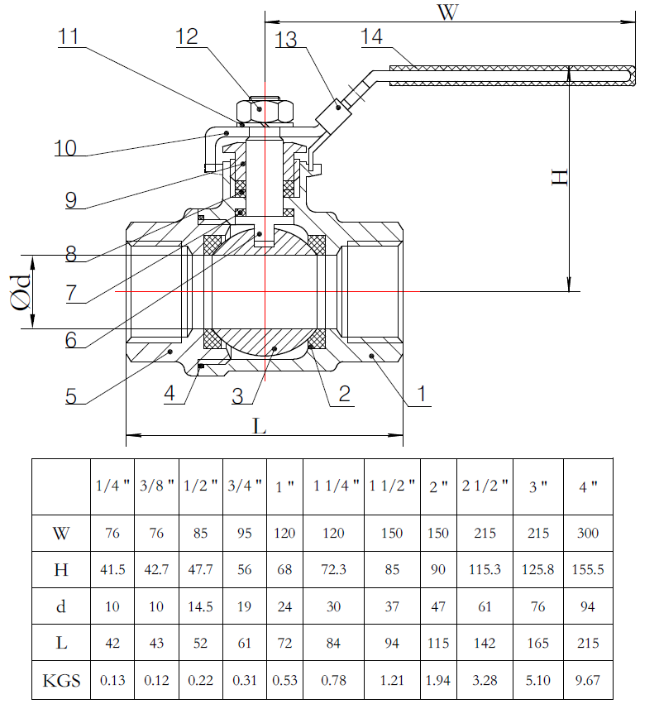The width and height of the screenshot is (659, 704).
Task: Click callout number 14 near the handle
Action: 372,37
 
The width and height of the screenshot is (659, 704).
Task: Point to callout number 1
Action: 422,394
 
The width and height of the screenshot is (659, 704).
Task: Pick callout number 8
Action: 71,254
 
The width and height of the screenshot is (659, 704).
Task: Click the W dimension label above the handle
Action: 447,14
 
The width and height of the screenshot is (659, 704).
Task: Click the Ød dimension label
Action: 22,291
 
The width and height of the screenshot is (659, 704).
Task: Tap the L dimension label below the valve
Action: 260,425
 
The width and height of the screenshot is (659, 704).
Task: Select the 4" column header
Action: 588,486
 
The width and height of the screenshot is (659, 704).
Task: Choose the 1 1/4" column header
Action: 333,486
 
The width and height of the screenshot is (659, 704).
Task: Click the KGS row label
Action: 61,681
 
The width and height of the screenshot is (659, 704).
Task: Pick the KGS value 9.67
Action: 588,681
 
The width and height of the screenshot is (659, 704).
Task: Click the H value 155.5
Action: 588,570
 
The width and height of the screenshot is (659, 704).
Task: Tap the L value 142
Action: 485,644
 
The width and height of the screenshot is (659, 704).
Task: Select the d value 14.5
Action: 202,606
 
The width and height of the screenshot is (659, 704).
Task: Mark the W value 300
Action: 588,533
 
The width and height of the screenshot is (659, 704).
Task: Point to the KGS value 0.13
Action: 112,681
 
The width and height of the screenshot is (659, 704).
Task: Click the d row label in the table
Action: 61,606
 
